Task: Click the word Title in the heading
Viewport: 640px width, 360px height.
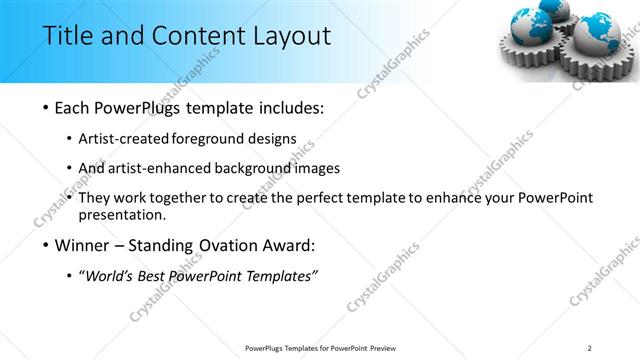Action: click(67, 37)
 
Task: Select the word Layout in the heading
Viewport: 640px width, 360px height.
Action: click(290, 37)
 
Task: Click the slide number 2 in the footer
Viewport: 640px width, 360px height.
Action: click(590, 348)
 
